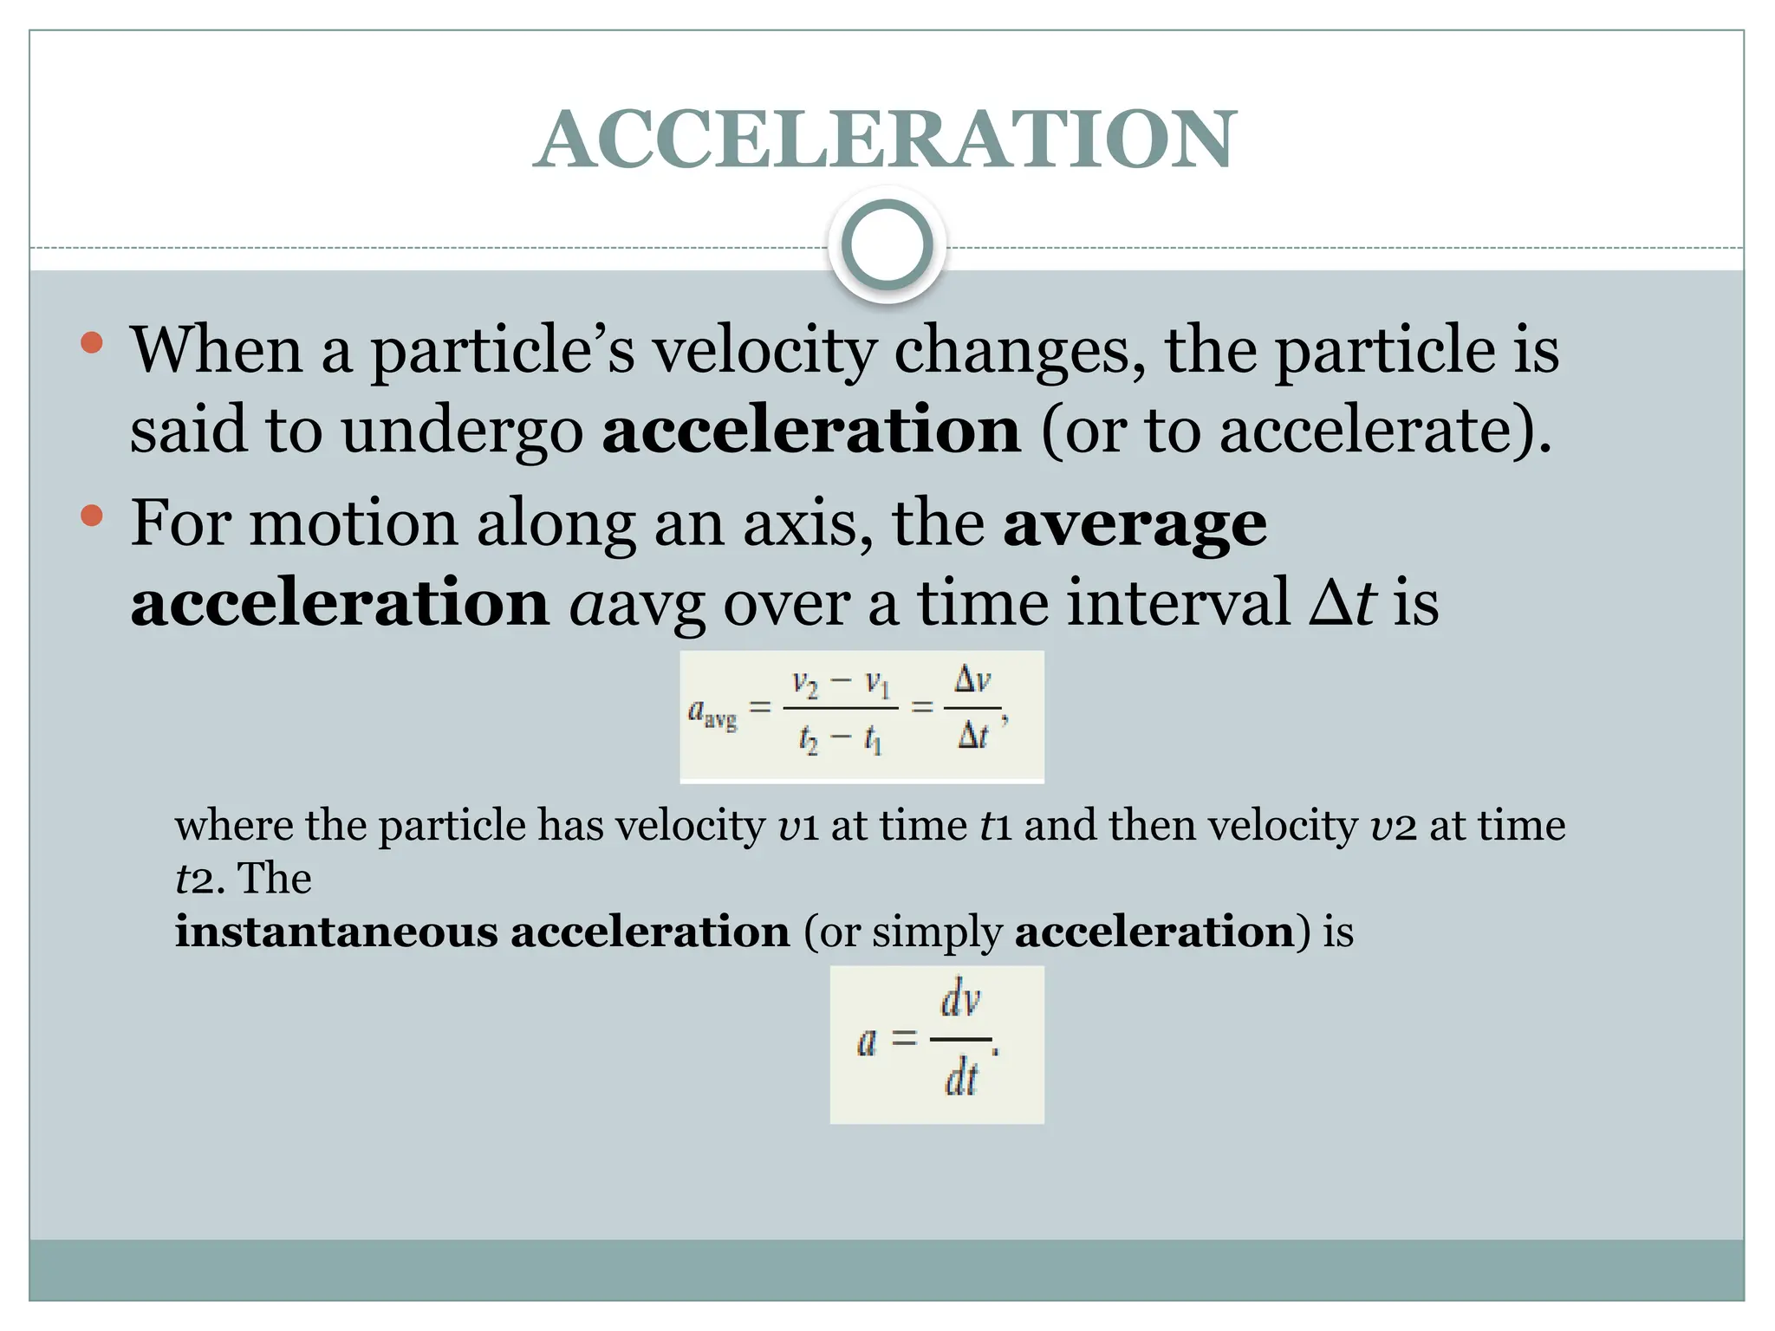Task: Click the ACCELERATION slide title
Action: point(885,140)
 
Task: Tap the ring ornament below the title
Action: point(887,245)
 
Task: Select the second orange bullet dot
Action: point(91,517)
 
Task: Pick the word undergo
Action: point(462,431)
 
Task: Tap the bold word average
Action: point(1135,524)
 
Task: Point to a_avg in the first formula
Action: point(712,713)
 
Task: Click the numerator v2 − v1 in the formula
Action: point(840,685)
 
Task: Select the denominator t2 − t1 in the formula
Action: point(840,739)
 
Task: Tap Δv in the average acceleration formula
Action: point(972,680)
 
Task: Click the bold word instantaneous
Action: point(336,932)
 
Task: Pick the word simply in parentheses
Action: point(936,933)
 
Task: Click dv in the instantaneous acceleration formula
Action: point(960,1002)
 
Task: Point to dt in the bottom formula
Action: point(960,1080)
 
